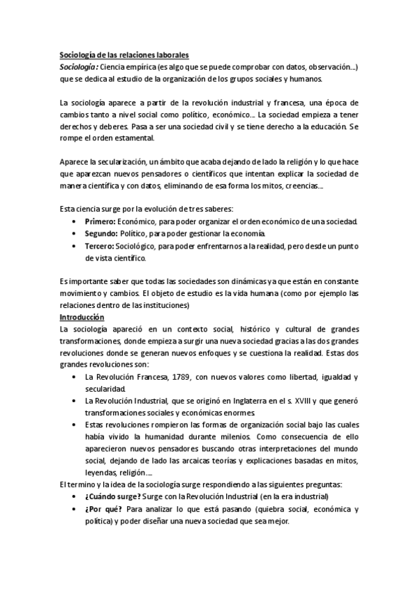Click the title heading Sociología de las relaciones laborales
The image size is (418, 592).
124,55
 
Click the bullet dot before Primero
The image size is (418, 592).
75,221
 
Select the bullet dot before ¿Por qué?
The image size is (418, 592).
75,509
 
